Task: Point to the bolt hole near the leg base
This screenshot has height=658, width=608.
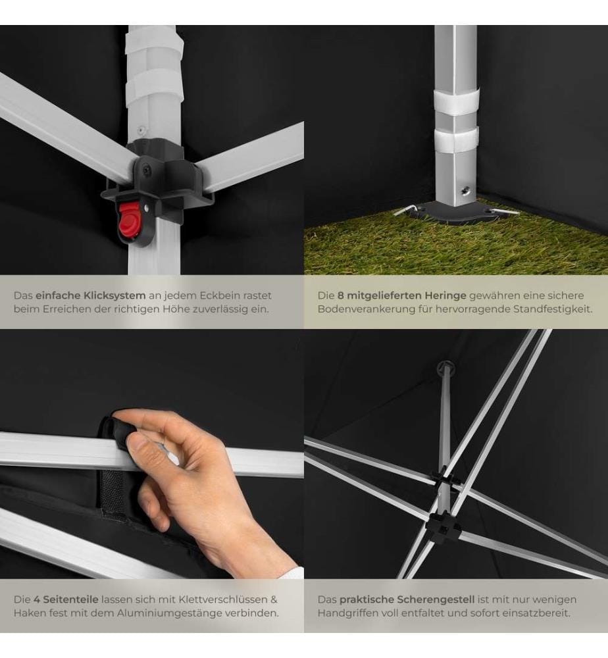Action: (465, 191)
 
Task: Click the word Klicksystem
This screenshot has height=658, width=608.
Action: (114, 295)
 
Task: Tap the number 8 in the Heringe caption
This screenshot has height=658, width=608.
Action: (341, 295)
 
